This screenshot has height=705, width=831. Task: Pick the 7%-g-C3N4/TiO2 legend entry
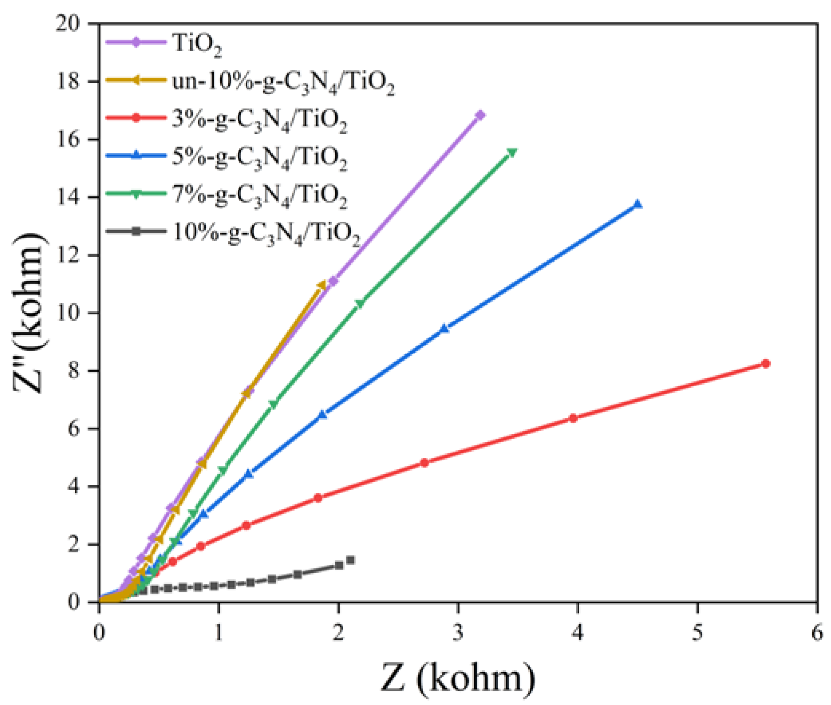[x=259, y=195]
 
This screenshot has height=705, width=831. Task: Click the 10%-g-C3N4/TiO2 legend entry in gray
[x=265, y=233]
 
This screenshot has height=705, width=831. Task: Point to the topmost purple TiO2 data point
[x=480, y=115]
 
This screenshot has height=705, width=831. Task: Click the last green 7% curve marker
[x=512, y=153]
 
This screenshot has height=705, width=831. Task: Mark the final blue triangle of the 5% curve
[x=638, y=205]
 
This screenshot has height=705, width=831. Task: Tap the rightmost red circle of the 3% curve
[x=766, y=363]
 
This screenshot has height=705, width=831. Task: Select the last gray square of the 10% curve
[x=350, y=560]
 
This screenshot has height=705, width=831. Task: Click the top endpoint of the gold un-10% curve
[x=321, y=285]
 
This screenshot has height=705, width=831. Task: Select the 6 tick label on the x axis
[x=817, y=633]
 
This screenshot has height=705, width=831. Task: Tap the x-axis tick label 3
[x=458, y=633]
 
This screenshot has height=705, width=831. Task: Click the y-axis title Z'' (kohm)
[x=29, y=312]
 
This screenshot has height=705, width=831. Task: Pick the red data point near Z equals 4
[x=573, y=418]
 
